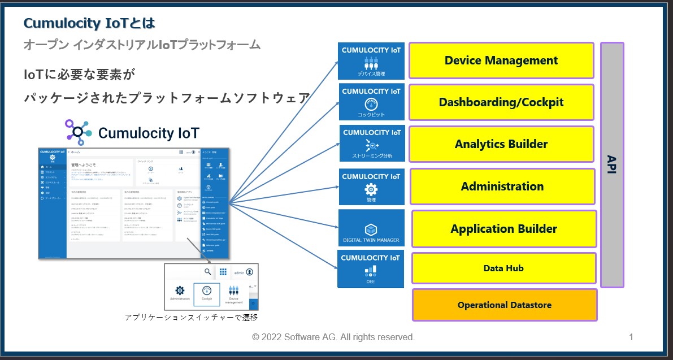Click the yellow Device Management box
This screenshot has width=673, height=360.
501,60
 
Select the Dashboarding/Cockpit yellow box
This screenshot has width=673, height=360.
501,102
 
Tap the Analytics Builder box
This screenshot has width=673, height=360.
501,144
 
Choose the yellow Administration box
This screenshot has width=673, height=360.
502,186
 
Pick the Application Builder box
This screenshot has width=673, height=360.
504,229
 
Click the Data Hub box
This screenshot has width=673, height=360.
503,268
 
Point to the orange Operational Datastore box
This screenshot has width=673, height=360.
505,305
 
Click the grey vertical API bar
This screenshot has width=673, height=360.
612,164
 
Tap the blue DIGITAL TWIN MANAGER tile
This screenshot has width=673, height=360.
371,228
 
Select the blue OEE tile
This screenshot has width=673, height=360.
371,269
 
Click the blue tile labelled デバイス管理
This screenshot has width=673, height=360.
371,61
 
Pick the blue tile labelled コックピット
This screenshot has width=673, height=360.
371,102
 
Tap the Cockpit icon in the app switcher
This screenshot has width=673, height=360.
207,292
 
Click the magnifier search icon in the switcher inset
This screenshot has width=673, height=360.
208,272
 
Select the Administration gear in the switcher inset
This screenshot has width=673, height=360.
180,291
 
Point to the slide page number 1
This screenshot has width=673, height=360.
631,337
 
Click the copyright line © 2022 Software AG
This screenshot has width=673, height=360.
333,337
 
